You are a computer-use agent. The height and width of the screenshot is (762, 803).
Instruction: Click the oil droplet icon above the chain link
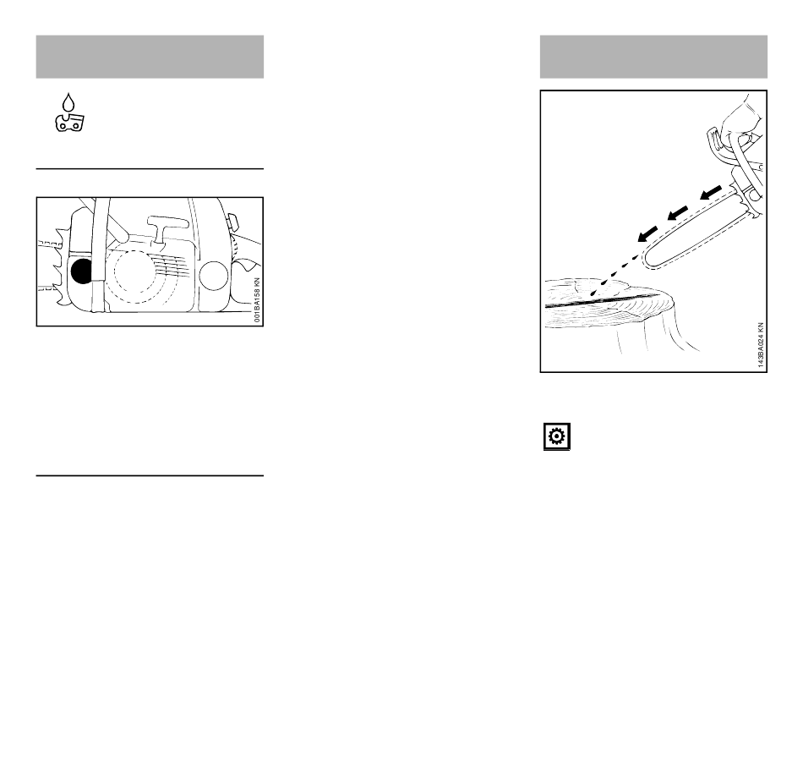(x=68, y=102)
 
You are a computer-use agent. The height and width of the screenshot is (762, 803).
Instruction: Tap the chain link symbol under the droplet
(x=69, y=123)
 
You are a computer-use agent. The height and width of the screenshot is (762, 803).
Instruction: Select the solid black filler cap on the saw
(x=81, y=271)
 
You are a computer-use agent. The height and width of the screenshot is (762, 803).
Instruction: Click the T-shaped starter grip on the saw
(x=167, y=226)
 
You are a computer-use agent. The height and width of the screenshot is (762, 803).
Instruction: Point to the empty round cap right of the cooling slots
(x=213, y=275)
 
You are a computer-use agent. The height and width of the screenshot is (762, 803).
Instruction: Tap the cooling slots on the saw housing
(x=168, y=266)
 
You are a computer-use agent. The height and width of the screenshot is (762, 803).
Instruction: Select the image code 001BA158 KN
(x=257, y=300)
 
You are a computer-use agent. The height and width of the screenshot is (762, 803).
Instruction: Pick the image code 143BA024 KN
(x=761, y=345)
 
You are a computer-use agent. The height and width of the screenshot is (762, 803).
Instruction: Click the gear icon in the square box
(x=557, y=436)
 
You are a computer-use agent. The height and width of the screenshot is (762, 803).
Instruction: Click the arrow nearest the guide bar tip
(x=647, y=233)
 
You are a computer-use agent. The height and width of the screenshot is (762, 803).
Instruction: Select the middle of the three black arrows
(x=678, y=213)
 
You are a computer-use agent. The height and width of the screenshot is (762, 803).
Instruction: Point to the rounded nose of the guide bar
(x=647, y=260)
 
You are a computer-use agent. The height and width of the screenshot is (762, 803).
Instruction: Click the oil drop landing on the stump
(x=593, y=293)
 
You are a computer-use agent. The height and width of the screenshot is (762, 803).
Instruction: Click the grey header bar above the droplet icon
(x=150, y=57)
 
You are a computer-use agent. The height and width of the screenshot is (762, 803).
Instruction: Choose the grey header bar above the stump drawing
(x=653, y=57)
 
